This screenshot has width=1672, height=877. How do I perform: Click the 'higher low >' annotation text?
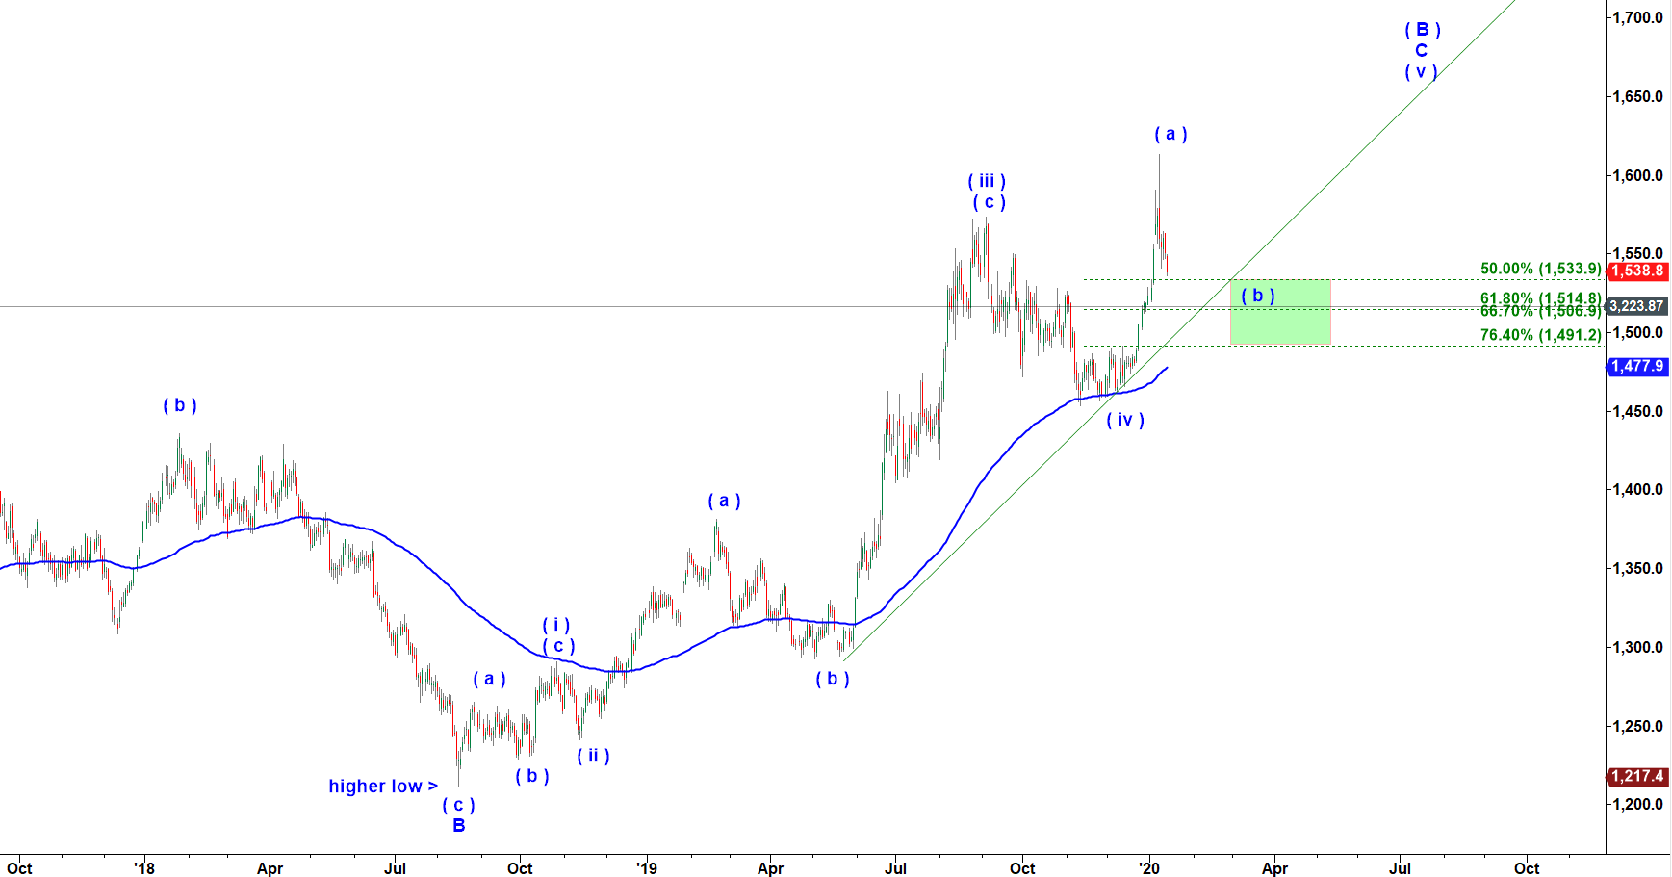click(x=383, y=787)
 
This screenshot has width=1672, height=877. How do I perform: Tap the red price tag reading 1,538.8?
click(x=1637, y=271)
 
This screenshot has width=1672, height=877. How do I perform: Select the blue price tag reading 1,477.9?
click(x=1637, y=366)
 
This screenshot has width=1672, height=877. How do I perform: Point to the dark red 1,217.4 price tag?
click(x=1637, y=776)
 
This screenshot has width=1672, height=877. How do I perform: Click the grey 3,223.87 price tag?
click(x=1636, y=306)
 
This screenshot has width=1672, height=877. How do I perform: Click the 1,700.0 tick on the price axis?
click(x=1638, y=17)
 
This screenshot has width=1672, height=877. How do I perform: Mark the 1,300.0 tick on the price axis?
click(x=1638, y=647)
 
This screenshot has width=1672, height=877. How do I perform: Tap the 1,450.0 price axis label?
click(x=1638, y=411)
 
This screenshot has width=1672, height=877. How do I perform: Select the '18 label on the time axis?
click(x=143, y=868)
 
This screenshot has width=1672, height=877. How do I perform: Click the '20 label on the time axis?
click(x=1148, y=868)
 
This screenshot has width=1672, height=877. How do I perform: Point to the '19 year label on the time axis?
click(x=646, y=868)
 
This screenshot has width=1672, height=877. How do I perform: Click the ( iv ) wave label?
click(x=1125, y=420)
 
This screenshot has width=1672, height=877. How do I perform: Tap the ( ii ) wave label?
click(x=593, y=756)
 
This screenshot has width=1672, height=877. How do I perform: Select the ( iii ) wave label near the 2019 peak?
click(x=987, y=181)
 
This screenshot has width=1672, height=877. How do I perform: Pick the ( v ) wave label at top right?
click(x=1421, y=71)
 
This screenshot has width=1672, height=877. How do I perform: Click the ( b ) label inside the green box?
click(x=1258, y=296)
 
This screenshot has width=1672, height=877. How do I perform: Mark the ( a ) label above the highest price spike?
click(x=1170, y=134)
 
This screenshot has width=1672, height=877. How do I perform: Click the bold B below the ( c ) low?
click(x=459, y=825)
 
